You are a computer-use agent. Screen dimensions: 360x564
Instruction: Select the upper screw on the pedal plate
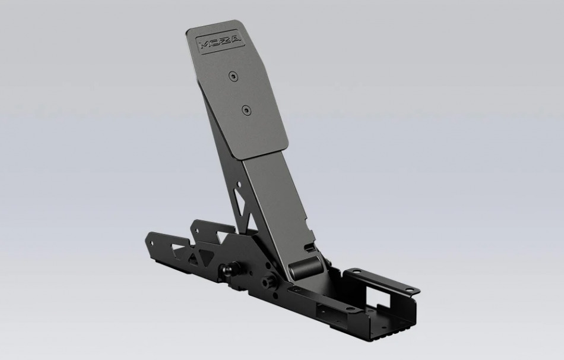[233, 75]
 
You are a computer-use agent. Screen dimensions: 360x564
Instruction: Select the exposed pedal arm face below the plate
[279, 202]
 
